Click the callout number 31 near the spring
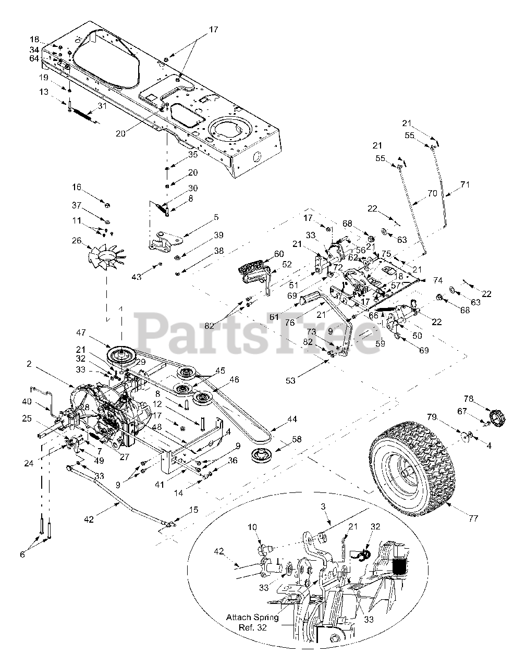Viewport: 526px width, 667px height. [x=102, y=106]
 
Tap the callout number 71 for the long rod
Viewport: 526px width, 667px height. [x=465, y=184]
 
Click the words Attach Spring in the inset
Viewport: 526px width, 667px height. [x=252, y=617]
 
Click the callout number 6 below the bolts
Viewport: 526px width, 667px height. [x=22, y=554]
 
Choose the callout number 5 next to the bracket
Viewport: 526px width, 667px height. [x=216, y=217]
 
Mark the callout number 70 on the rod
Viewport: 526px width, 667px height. [x=432, y=193]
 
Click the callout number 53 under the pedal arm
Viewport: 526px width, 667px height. [x=290, y=381]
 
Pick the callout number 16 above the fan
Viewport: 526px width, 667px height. [x=77, y=187]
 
